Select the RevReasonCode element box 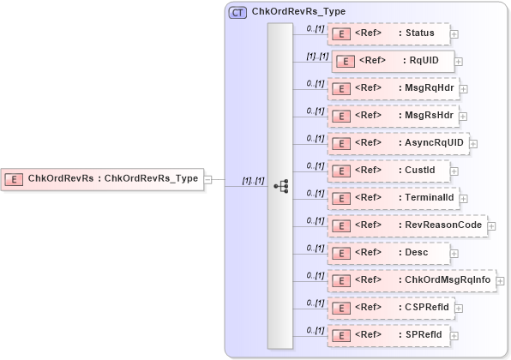coord(406,225)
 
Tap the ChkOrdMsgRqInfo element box coord(411,279)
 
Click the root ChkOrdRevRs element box coord(102,179)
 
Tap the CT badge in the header coord(237,13)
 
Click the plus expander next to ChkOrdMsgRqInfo coord(500,280)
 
